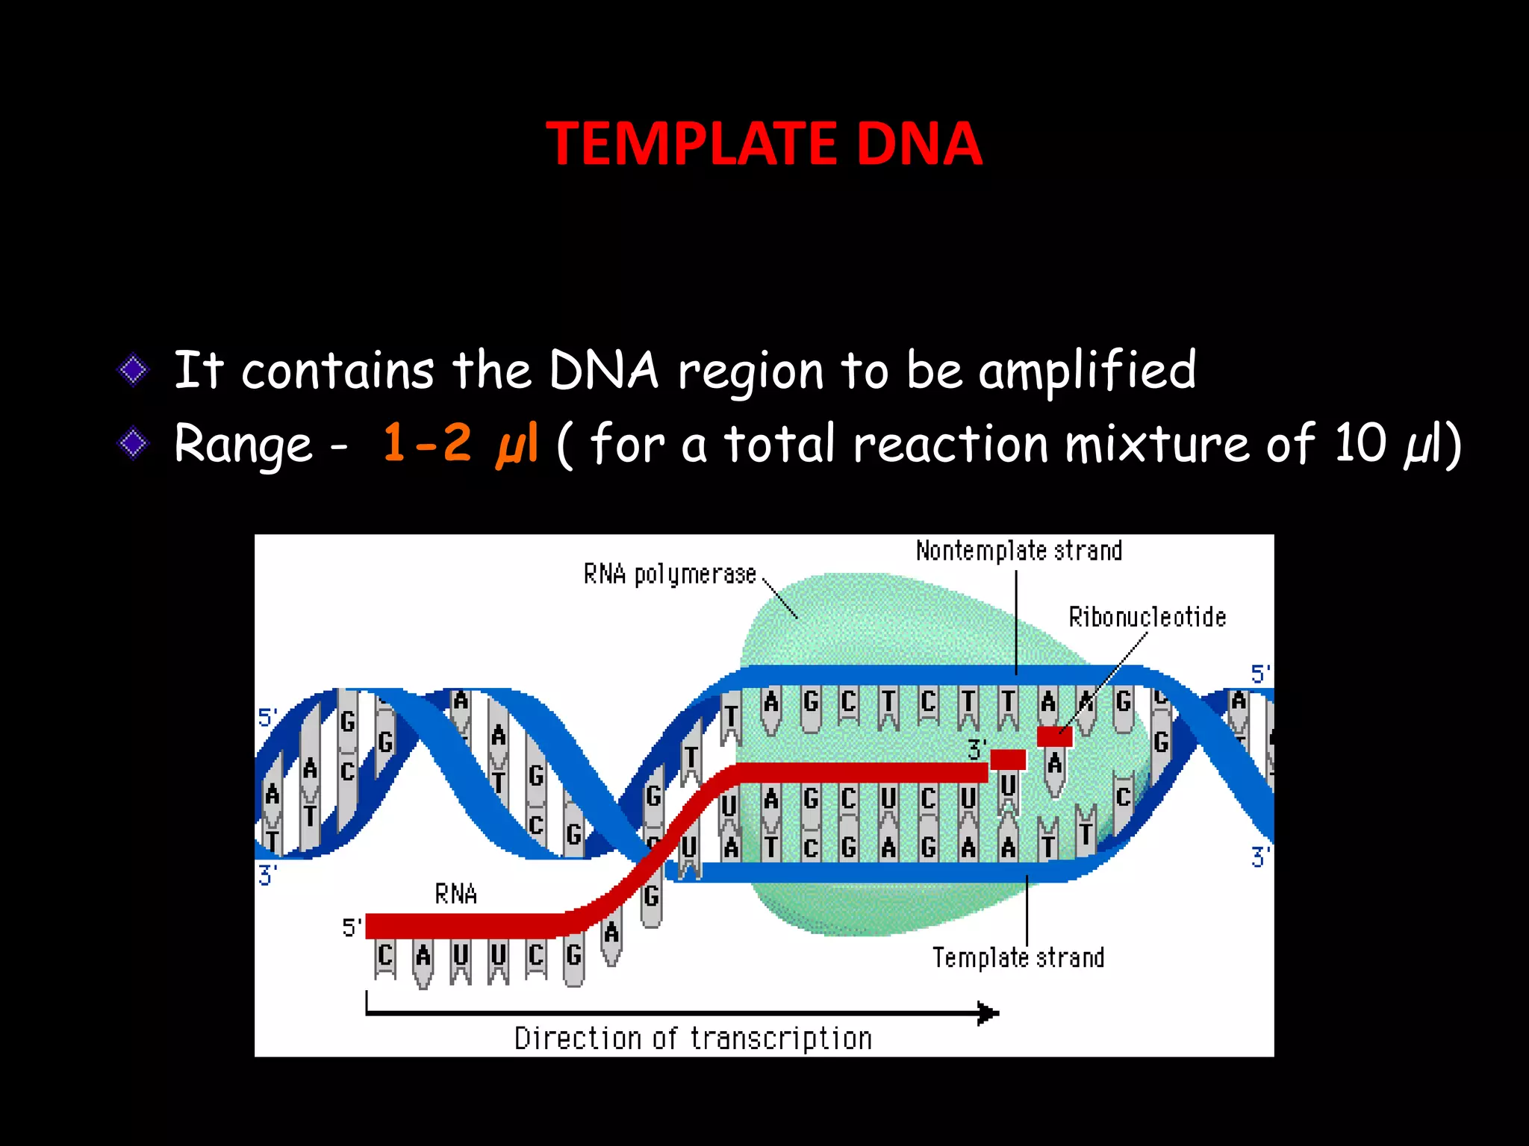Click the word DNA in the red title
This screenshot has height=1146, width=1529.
pos(918,143)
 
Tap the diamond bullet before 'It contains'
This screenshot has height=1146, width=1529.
pos(134,369)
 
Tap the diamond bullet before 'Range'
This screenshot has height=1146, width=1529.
pos(134,444)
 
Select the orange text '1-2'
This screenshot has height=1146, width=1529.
pos(427,442)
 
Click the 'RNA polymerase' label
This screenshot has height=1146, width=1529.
pos(670,574)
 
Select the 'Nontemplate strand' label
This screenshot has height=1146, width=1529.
pos(1018,551)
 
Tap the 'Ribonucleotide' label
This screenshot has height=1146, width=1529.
pos(1147,618)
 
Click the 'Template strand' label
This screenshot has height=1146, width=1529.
pos(1018,957)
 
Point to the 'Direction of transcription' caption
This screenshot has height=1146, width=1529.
pos(693,1039)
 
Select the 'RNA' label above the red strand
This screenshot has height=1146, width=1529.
pos(455,894)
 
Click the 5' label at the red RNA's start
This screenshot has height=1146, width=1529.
pos(352,927)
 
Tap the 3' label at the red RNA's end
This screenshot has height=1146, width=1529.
pos(977,749)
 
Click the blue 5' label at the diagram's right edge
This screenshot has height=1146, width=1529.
pos(1260,674)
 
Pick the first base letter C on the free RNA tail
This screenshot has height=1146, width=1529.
pos(385,955)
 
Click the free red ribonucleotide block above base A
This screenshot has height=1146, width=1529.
pos(1054,736)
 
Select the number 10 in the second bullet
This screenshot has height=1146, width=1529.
pos(1360,443)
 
